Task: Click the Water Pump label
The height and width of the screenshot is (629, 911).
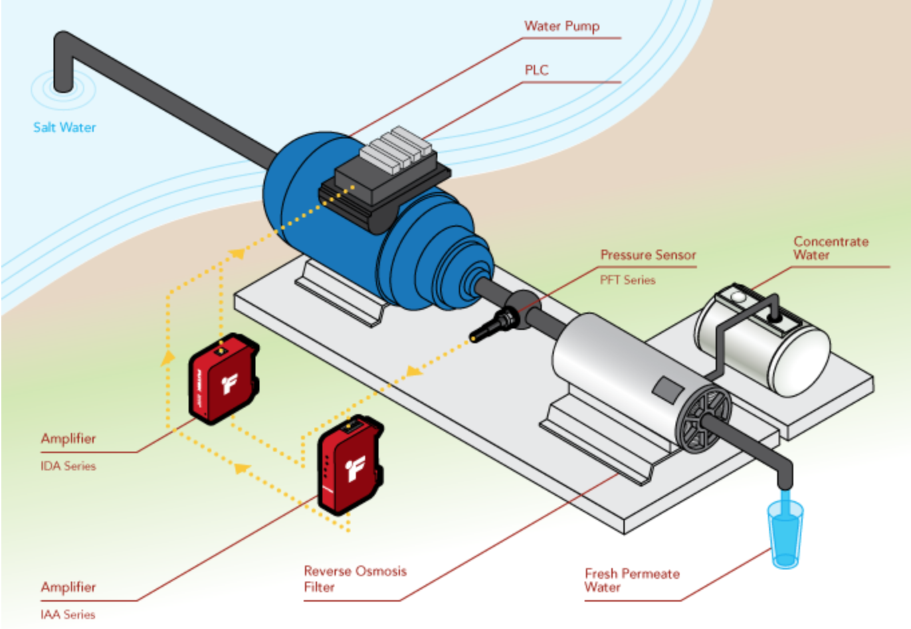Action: tap(561, 26)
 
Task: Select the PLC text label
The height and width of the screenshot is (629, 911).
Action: tap(536, 70)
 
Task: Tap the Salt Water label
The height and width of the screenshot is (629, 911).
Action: tap(64, 127)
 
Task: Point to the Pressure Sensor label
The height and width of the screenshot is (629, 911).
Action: tap(647, 255)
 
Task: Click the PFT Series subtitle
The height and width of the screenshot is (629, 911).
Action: tap(627, 280)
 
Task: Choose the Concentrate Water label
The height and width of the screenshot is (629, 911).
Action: tap(830, 248)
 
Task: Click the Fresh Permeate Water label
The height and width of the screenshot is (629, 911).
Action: tap(631, 580)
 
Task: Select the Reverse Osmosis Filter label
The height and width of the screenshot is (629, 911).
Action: tap(355, 579)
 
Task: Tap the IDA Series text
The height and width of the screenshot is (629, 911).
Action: tap(68, 466)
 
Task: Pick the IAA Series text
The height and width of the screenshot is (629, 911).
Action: tap(68, 614)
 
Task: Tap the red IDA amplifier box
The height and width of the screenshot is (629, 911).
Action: tap(223, 379)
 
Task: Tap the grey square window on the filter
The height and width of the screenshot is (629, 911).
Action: tap(668, 388)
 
